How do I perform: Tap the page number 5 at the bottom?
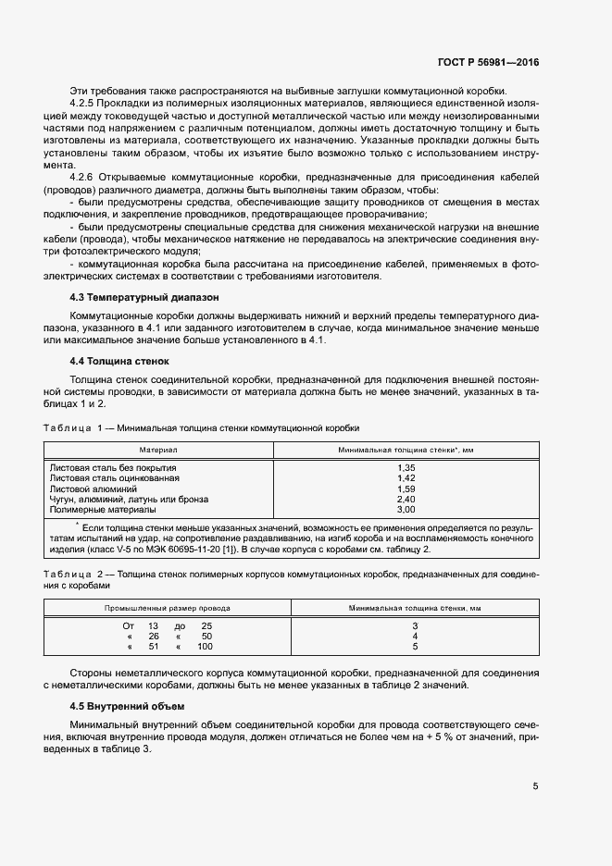click(x=535, y=787)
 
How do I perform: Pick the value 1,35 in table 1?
click(x=406, y=468)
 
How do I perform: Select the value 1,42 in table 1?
click(x=406, y=478)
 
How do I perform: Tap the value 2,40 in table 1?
click(x=406, y=499)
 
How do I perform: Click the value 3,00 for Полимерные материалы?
click(x=406, y=509)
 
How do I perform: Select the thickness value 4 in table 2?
click(x=415, y=637)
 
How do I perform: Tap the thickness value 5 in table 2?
click(x=415, y=647)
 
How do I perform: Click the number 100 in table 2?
click(x=204, y=647)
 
